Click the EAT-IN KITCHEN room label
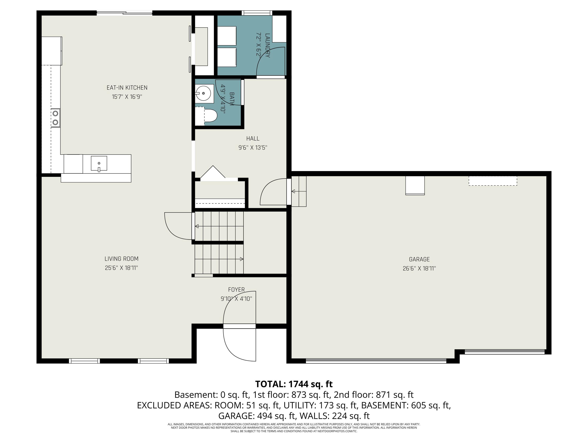[x=127, y=88]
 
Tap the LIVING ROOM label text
[x=122, y=259]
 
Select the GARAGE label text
[x=419, y=259]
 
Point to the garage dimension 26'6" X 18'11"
[x=419, y=268]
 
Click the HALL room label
[x=253, y=139]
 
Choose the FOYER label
[x=236, y=289]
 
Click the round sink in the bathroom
[x=203, y=93]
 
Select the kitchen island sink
[x=99, y=164]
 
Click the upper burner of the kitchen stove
[x=55, y=113]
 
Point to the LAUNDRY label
[x=267, y=45]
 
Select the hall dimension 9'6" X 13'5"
[x=253, y=148]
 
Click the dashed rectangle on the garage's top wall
[x=493, y=181]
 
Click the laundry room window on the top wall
[x=257, y=13]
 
